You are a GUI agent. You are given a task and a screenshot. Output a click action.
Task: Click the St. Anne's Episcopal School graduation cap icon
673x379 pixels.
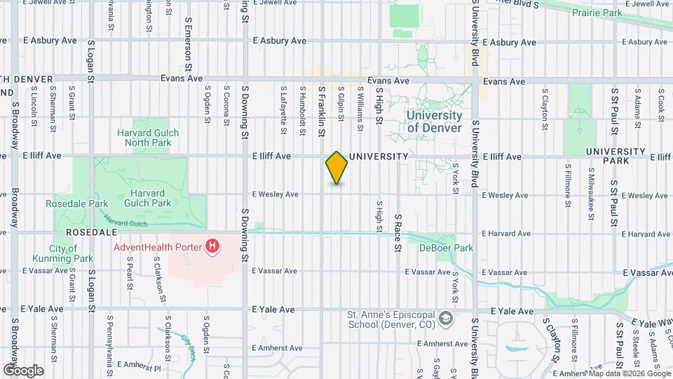coord(444,319)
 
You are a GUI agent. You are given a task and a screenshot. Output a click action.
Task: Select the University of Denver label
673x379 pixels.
coord(435,121)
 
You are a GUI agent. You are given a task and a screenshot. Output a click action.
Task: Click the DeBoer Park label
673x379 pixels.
coord(447,248)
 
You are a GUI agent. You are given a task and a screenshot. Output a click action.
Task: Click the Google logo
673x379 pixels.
coord(22,371)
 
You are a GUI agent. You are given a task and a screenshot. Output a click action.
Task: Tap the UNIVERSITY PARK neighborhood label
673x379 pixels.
coord(616,156)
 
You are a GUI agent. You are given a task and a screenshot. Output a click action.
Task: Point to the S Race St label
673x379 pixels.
coord(397,233)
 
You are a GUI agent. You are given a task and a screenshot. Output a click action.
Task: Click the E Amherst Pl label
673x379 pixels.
coord(140,365)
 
